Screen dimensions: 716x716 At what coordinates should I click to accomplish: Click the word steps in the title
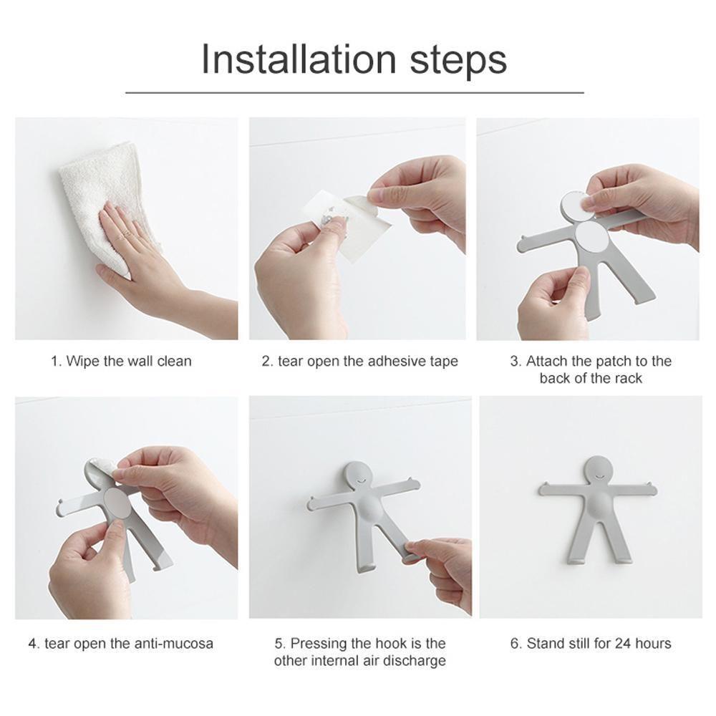[x=458, y=60]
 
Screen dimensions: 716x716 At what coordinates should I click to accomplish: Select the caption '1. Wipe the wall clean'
[x=121, y=361]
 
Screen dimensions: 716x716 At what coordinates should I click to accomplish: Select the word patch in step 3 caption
[x=607, y=361]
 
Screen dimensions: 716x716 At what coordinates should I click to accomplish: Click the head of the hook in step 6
[x=596, y=473]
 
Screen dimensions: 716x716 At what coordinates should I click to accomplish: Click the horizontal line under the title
[x=354, y=92]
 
